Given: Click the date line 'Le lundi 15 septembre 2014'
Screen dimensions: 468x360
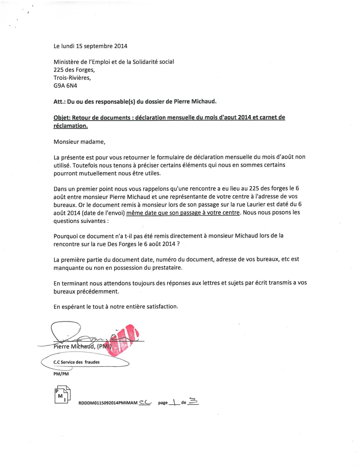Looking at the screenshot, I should point(90,46).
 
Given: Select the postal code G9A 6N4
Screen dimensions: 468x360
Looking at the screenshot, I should point(65,86).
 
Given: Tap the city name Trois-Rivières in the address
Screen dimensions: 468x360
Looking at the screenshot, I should point(72,78).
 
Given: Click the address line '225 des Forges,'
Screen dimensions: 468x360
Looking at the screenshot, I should point(74,70).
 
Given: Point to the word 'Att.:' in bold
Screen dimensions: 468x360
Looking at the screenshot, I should point(59,102).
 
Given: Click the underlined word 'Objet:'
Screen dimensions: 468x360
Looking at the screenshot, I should point(62,117).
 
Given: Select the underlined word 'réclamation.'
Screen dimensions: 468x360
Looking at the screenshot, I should point(71,126).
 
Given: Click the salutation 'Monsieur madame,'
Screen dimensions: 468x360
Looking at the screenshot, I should point(79,141).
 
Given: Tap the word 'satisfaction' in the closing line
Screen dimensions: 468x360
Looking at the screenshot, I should point(162,307).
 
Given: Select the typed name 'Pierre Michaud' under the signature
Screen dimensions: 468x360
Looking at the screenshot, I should point(74,347).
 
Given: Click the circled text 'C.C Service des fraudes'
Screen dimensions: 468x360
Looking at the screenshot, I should point(77,362).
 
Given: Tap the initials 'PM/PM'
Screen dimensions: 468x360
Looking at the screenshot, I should point(61,374).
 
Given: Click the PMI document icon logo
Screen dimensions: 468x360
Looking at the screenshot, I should point(62,395).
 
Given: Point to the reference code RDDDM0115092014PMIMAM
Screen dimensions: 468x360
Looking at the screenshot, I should point(108,403).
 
